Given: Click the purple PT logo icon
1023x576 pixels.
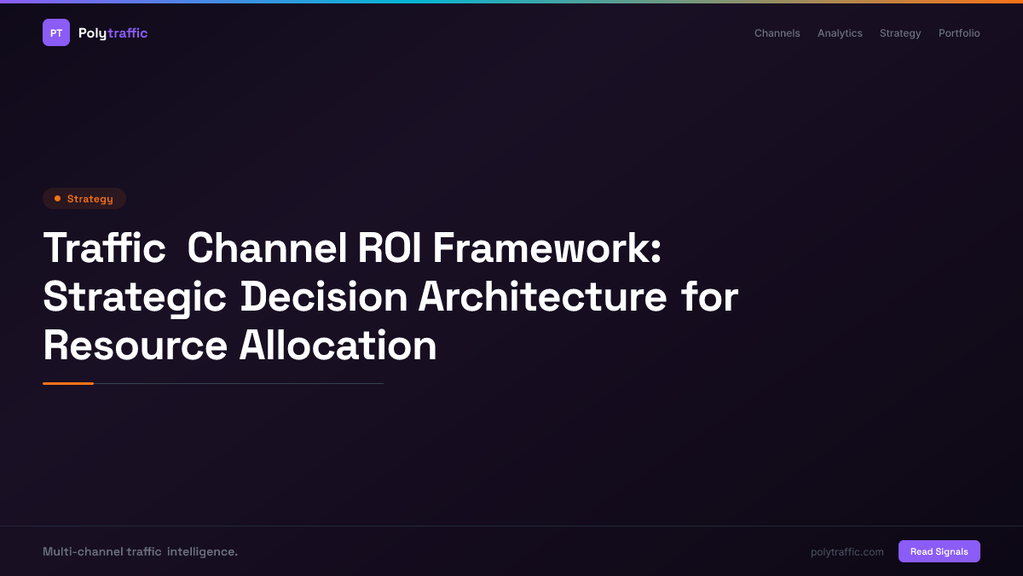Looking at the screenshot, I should point(56,32).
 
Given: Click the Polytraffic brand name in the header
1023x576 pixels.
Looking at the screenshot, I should point(113,33).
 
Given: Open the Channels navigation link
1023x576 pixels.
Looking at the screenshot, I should point(777,33).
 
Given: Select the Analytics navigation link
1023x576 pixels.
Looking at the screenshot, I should point(840,33).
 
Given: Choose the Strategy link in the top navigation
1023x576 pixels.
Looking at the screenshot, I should point(900,33).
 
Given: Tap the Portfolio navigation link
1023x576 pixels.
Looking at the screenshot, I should point(959,33).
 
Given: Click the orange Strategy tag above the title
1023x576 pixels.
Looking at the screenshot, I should point(84,199).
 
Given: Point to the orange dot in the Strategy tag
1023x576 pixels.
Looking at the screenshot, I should point(57,199).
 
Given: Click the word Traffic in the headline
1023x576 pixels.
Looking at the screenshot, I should point(104,249).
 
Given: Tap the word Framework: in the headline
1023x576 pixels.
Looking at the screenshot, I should point(546,249).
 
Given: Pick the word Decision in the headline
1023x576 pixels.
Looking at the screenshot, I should point(324,298).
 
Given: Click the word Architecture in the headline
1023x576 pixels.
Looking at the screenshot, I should point(542,298).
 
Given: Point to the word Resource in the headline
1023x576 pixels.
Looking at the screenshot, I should point(135,346).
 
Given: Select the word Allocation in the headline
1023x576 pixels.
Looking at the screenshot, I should point(338,346).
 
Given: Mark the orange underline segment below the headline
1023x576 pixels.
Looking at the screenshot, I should point(68,383).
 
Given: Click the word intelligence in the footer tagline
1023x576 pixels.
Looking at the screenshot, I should point(202,552).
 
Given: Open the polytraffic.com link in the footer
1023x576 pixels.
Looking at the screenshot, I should point(847,552).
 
